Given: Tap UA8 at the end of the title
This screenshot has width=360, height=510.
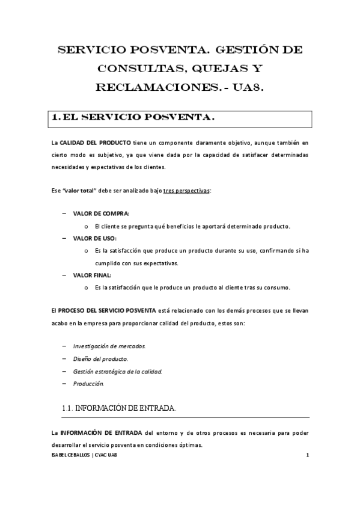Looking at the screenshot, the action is coord(247,87).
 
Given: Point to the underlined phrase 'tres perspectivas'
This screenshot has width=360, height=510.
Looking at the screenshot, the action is coord(187,191).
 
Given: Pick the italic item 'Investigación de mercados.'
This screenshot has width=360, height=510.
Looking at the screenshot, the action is coord(109,346).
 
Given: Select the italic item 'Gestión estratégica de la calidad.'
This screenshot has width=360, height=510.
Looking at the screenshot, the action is coord(118,371).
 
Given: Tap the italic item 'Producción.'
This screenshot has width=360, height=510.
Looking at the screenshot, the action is coord(89,384).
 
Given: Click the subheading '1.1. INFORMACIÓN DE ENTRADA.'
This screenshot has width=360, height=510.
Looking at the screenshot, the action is coord(120,408).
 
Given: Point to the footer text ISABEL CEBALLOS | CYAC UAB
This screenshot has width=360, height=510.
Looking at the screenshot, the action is coord(85,455).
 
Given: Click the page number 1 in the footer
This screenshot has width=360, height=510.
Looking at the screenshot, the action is coord(307,455).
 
